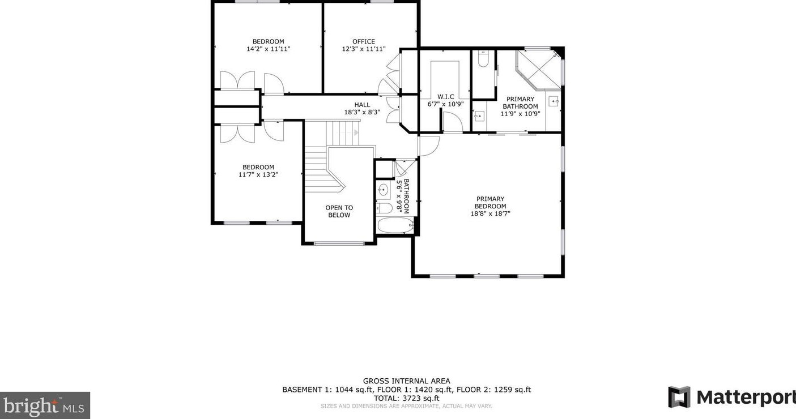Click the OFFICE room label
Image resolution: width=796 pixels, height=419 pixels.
(x=364, y=41)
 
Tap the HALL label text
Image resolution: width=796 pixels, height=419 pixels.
(x=362, y=105)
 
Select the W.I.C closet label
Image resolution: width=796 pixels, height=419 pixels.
(x=446, y=97)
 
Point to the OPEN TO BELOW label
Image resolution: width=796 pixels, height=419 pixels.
(x=339, y=211)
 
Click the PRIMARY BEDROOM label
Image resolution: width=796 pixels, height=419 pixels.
(x=491, y=202)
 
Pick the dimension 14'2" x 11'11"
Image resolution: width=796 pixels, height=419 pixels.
(x=269, y=49)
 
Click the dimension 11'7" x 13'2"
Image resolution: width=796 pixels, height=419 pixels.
(x=258, y=175)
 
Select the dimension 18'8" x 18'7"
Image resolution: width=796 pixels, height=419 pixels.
(x=491, y=213)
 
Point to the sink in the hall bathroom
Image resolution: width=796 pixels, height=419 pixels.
(x=383, y=190)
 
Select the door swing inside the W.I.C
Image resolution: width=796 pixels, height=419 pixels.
(x=453, y=122)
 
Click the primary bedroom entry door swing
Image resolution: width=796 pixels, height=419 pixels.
(x=429, y=146)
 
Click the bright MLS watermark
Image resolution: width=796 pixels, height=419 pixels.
(x=45, y=405)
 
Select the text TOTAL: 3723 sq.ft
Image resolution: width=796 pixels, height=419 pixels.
(x=407, y=398)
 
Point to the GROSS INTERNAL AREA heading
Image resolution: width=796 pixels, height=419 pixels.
(x=407, y=381)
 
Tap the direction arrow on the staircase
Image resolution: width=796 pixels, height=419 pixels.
(x=356, y=133)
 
